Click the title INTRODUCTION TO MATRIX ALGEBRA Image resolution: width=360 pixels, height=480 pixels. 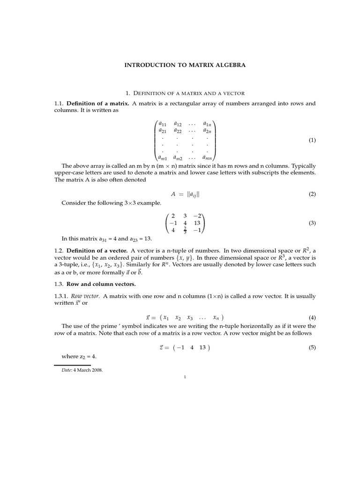185,66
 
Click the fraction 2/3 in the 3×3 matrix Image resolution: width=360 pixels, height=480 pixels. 185,231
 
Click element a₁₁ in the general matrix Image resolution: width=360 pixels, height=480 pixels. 163,124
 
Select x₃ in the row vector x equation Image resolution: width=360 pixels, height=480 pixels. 189,318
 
